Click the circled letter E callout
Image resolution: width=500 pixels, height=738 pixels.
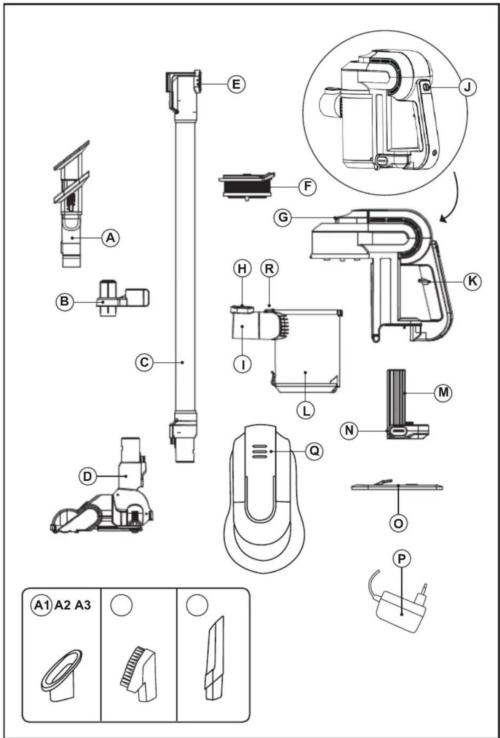[x=236, y=84]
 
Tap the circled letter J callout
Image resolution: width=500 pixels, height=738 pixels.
[x=467, y=87]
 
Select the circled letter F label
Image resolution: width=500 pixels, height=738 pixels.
[x=307, y=187]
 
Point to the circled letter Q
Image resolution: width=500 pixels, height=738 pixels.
[x=314, y=451]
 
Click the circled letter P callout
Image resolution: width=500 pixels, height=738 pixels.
[x=402, y=559]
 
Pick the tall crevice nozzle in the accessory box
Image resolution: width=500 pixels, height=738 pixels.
[x=215, y=658]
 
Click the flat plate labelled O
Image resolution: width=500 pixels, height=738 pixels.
[x=397, y=486]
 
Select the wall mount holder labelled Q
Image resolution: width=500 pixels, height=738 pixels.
[x=264, y=498]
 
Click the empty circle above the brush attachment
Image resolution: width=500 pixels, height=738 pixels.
[x=121, y=605]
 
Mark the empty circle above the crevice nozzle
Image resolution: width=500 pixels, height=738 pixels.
[x=197, y=605]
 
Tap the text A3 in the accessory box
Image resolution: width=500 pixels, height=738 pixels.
[x=83, y=605]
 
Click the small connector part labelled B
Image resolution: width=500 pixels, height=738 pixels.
[x=122, y=298]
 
